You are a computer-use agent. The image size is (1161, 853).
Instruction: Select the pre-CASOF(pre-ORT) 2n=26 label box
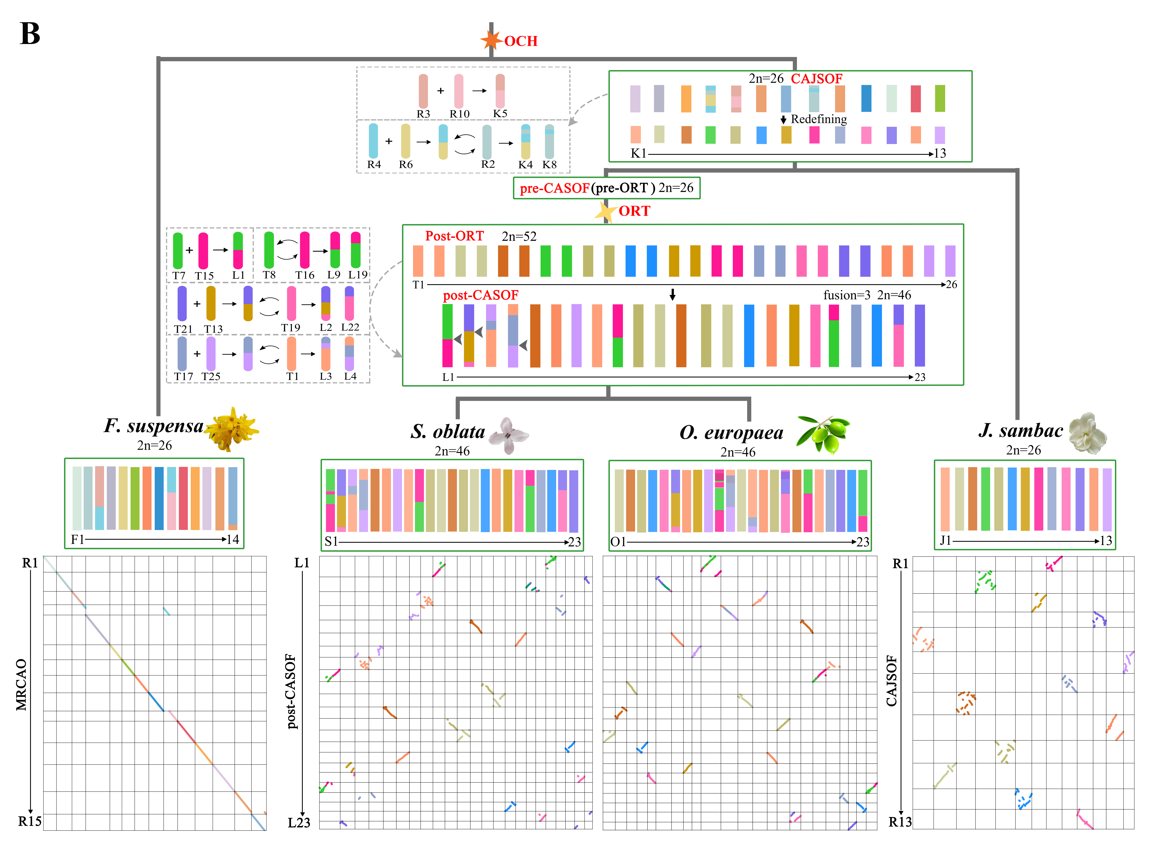tap(606, 188)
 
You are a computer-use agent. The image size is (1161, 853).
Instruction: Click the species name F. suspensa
tap(154, 426)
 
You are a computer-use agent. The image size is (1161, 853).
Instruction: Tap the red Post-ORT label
tap(454, 236)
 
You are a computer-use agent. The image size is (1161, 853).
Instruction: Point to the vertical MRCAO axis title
tap(21, 685)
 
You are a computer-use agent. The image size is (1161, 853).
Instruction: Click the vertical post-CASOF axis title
tap(292, 691)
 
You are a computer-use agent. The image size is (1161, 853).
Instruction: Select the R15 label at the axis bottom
tap(29, 821)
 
